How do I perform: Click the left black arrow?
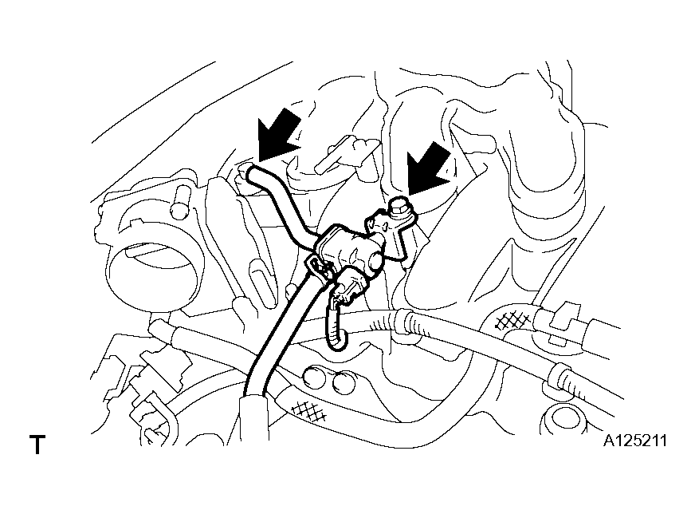278,135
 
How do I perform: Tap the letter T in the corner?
37,445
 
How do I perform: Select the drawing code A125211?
634,441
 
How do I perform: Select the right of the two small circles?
343,382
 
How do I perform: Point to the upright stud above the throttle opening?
180,202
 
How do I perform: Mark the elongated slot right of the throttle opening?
265,283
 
